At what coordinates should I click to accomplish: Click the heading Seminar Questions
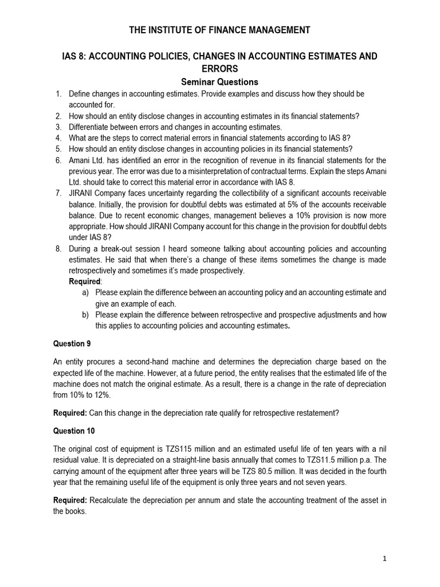pyautogui.click(x=220, y=82)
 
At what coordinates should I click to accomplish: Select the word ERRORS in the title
pyautogui.click(x=220, y=69)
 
